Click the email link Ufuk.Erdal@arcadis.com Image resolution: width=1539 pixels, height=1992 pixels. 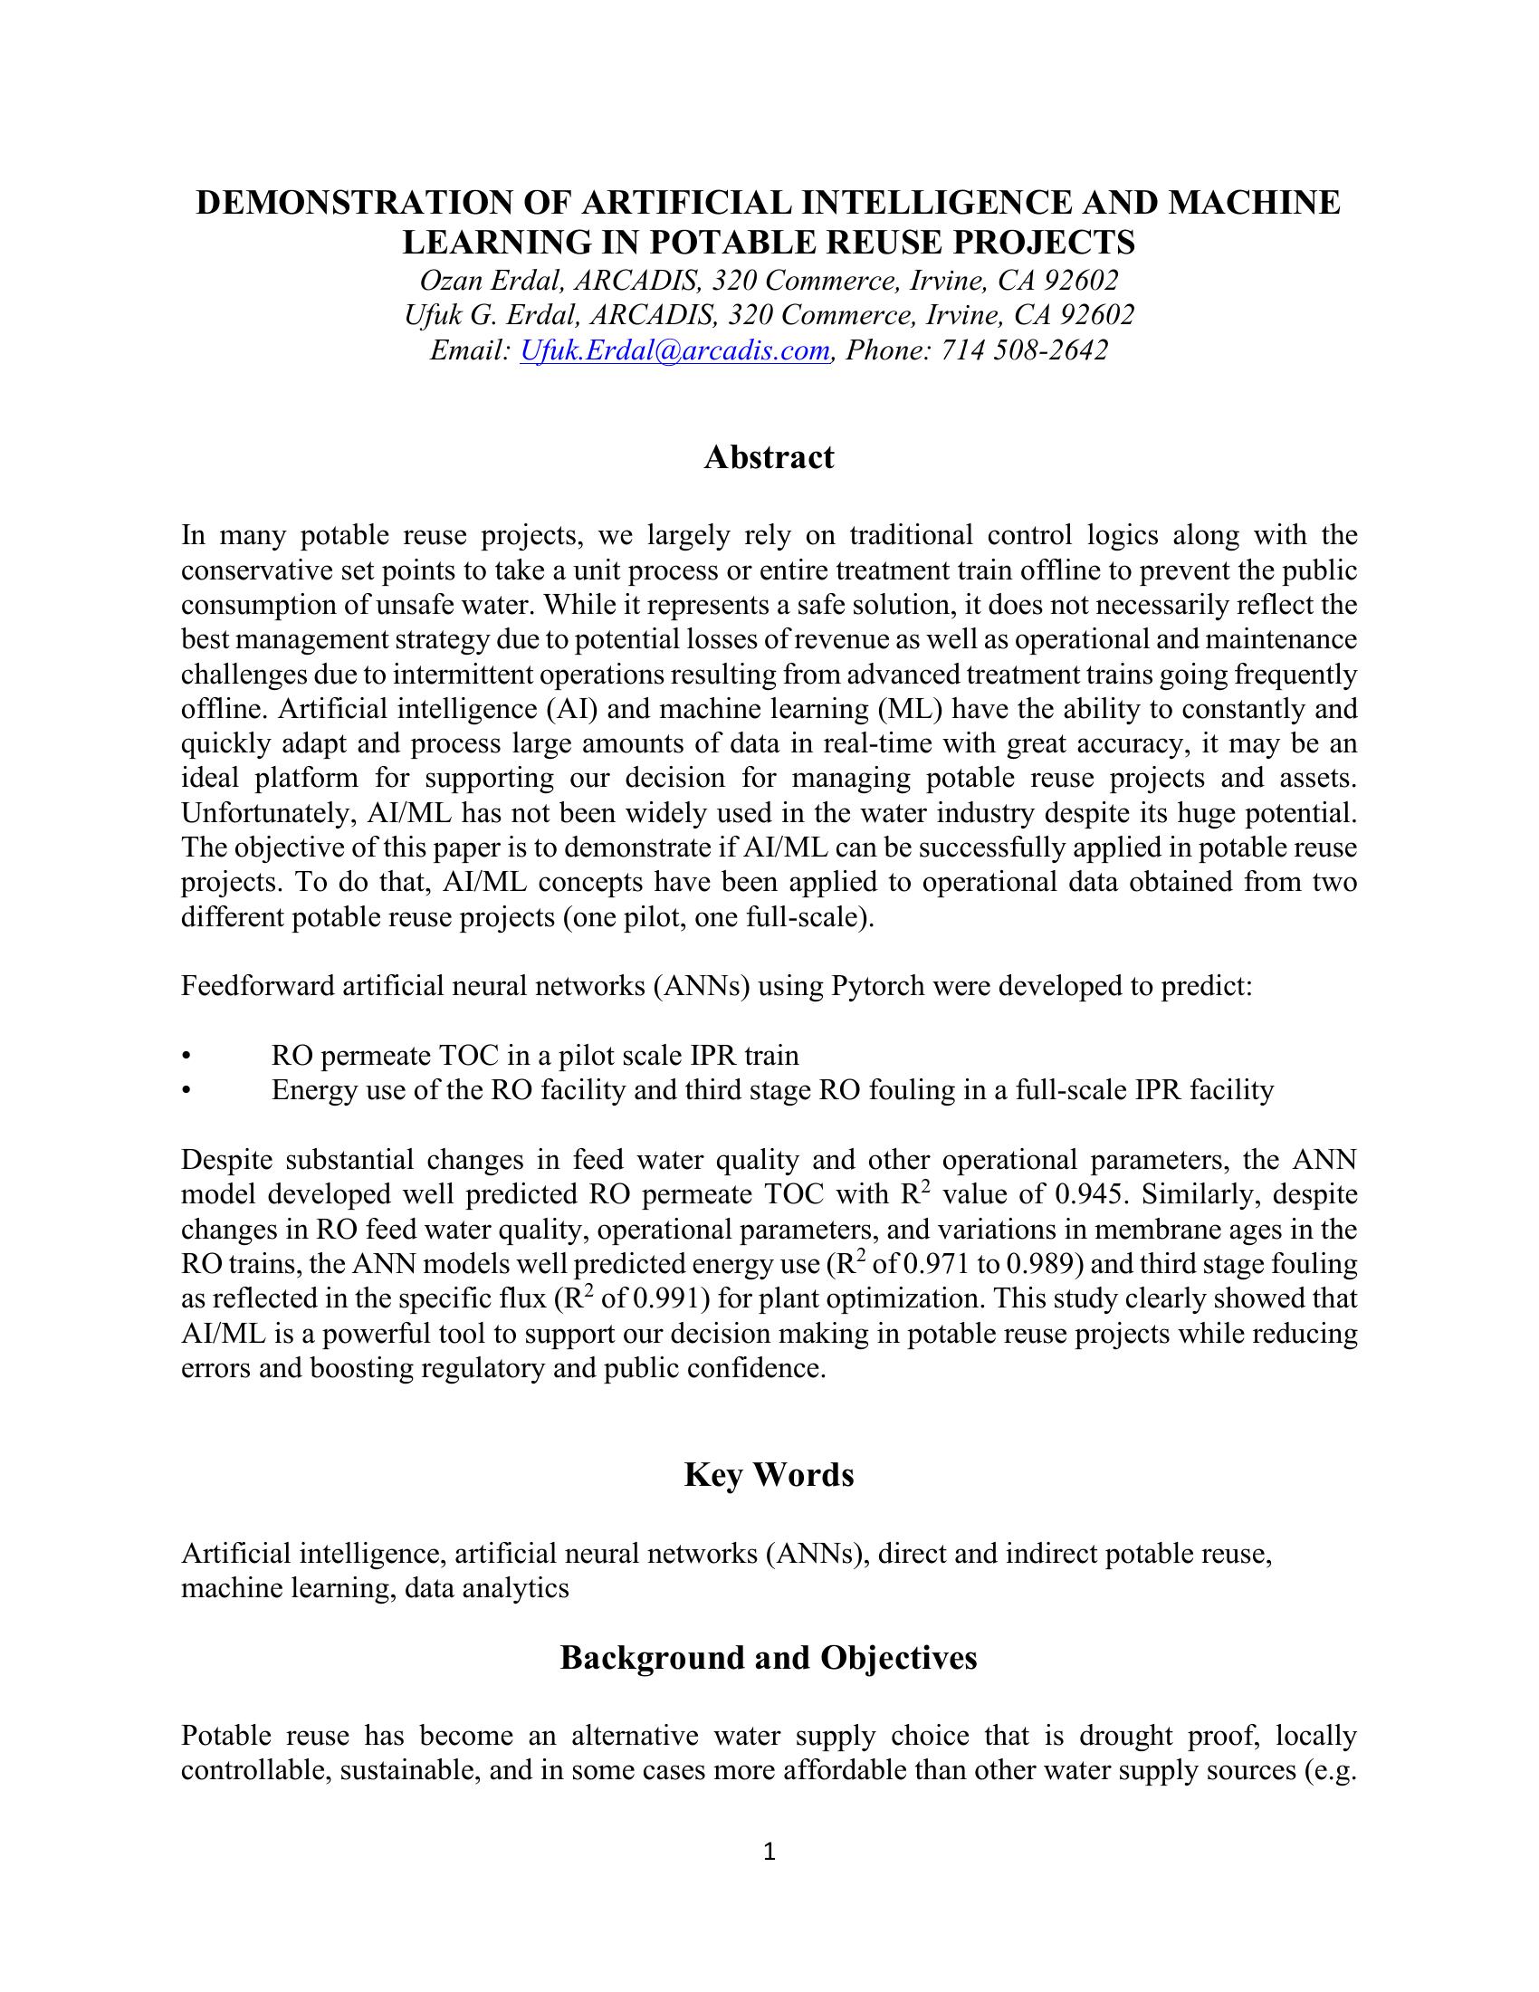tap(674, 350)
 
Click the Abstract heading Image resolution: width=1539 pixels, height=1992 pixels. tap(769, 457)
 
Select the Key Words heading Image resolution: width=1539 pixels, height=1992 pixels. tap(769, 1475)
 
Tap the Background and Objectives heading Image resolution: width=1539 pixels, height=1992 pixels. tap(769, 1657)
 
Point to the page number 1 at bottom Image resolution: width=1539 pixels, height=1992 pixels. tap(769, 1852)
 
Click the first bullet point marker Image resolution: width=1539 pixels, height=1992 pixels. tap(186, 1056)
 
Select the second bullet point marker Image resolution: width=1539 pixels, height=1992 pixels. tap(186, 1091)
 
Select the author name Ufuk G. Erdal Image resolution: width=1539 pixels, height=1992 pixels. tap(492, 315)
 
